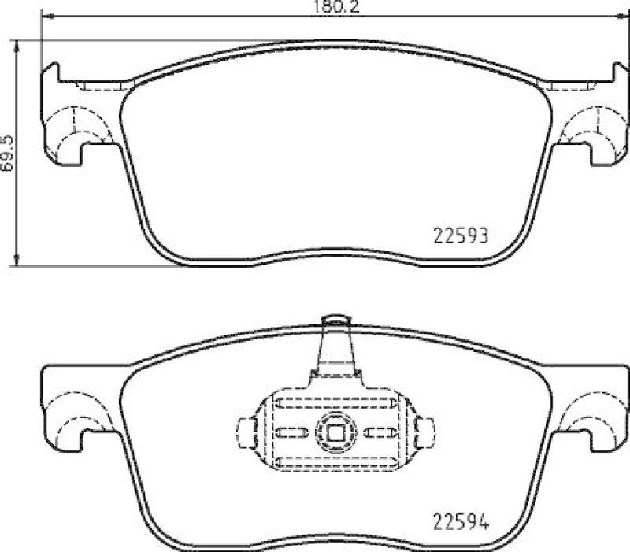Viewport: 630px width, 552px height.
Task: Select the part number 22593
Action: click(x=463, y=235)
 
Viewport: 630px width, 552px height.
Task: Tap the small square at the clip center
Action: click(x=335, y=431)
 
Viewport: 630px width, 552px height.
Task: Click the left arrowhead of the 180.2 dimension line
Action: click(x=44, y=17)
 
